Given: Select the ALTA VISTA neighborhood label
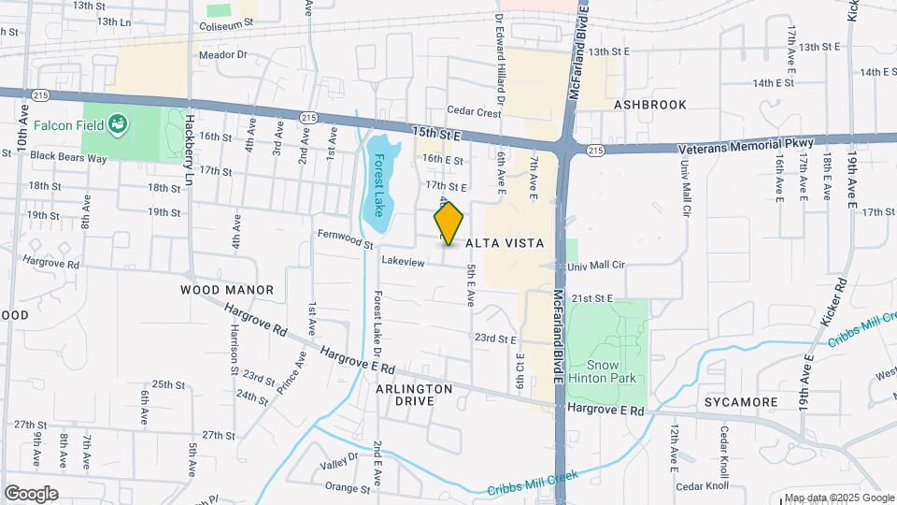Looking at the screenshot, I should tap(505, 243).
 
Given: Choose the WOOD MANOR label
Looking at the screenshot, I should tap(227, 290).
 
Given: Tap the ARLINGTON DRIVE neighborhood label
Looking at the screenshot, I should tap(415, 394).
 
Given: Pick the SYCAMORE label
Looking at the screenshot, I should tap(742, 402).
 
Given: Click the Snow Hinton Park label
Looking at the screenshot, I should tap(611, 371).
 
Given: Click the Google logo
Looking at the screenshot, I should tap(31, 493).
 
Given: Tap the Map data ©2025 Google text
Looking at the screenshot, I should tap(838, 498).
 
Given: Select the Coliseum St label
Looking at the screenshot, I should tap(220, 25).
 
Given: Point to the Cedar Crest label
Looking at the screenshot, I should tap(474, 111).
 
